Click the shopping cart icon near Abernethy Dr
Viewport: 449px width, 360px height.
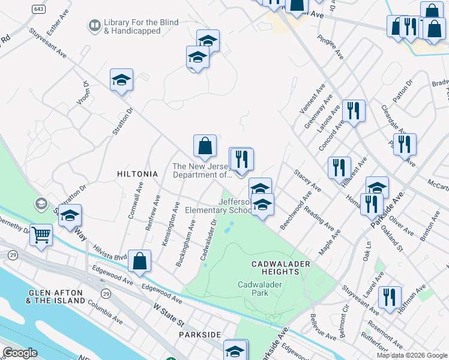coord(41,235)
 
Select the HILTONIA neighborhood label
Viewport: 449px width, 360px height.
coord(137,174)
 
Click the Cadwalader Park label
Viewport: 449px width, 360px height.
coord(260,289)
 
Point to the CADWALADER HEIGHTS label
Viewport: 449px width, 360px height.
coord(280,268)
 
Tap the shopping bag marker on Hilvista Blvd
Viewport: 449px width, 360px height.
coord(139,261)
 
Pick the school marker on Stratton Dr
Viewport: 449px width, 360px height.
coord(121,80)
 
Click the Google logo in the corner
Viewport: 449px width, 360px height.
coord(20,353)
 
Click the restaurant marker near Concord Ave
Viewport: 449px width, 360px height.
coord(354,110)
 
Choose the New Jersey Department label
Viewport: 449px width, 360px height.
coord(202,171)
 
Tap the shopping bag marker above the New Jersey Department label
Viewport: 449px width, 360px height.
coord(205,146)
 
